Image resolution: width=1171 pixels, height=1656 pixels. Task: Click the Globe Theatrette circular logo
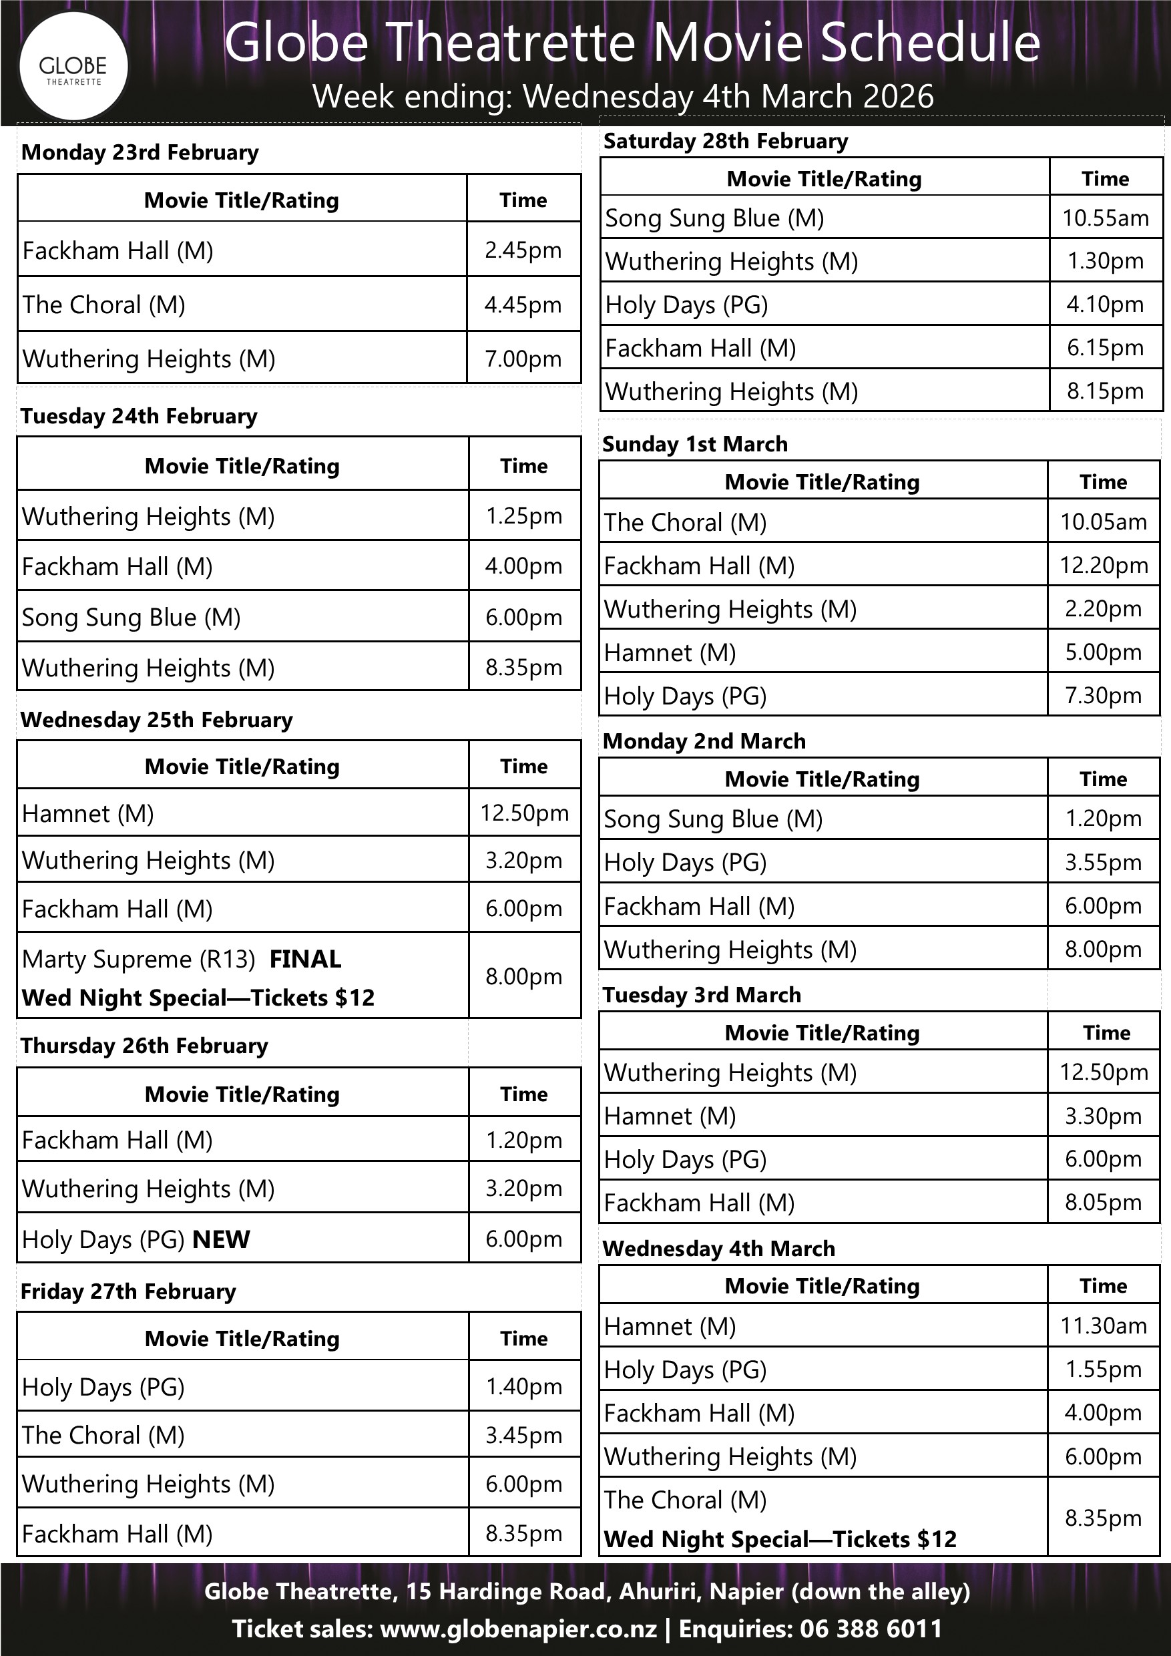(x=73, y=66)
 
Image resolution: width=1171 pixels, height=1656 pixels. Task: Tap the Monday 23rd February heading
(x=140, y=153)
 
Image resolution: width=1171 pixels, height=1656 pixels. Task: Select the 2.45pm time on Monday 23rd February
(x=523, y=250)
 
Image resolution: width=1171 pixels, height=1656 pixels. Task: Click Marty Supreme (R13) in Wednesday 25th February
(x=139, y=959)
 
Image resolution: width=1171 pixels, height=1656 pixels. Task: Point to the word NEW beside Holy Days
(x=222, y=1239)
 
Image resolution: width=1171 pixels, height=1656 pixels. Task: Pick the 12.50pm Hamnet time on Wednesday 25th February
(x=524, y=813)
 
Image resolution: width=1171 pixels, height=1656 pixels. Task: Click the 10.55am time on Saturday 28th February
(x=1105, y=218)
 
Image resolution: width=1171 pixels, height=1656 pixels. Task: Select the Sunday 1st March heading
(x=694, y=444)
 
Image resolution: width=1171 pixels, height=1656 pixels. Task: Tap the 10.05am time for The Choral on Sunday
(x=1102, y=522)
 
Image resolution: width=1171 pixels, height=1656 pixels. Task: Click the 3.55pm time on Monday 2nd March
(x=1102, y=862)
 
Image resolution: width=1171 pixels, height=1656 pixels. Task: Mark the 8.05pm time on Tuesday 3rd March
(x=1102, y=1203)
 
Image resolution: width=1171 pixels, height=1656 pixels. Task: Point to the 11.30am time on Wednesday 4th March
(x=1102, y=1325)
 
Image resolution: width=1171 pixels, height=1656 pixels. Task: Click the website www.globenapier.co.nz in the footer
(x=517, y=1629)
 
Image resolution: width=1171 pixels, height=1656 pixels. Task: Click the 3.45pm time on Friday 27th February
(x=523, y=1434)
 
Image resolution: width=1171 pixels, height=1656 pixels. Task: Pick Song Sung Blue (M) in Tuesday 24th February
(x=132, y=618)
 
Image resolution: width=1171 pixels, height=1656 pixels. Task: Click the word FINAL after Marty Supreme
(x=305, y=960)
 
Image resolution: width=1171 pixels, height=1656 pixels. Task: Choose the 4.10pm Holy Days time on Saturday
(x=1105, y=304)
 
